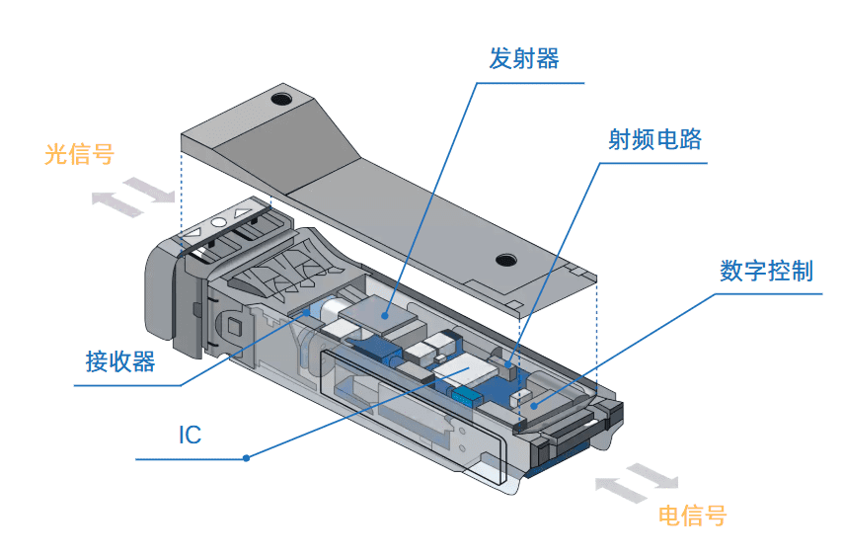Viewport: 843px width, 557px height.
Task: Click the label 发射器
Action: pyautogui.click(x=524, y=59)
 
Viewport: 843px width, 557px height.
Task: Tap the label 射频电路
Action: pyautogui.click(x=655, y=139)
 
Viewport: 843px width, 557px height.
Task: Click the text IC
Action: pyautogui.click(x=190, y=435)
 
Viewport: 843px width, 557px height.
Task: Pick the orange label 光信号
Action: pyautogui.click(x=79, y=155)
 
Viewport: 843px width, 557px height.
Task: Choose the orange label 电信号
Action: pyautogui.click(x=692, y=515)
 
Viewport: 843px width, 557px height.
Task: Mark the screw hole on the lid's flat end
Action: pyautogui.click(x=506, y=261)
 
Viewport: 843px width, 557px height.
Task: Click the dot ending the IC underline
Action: pyautogui.click(x=247, y=458)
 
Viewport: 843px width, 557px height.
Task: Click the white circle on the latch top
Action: pyautogui.click(x=218, y=224)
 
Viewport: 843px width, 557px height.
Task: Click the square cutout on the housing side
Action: pyautogui.click(x=235, y=325)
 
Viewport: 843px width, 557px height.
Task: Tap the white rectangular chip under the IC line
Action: pyautogui.click(x=463, y=372)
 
